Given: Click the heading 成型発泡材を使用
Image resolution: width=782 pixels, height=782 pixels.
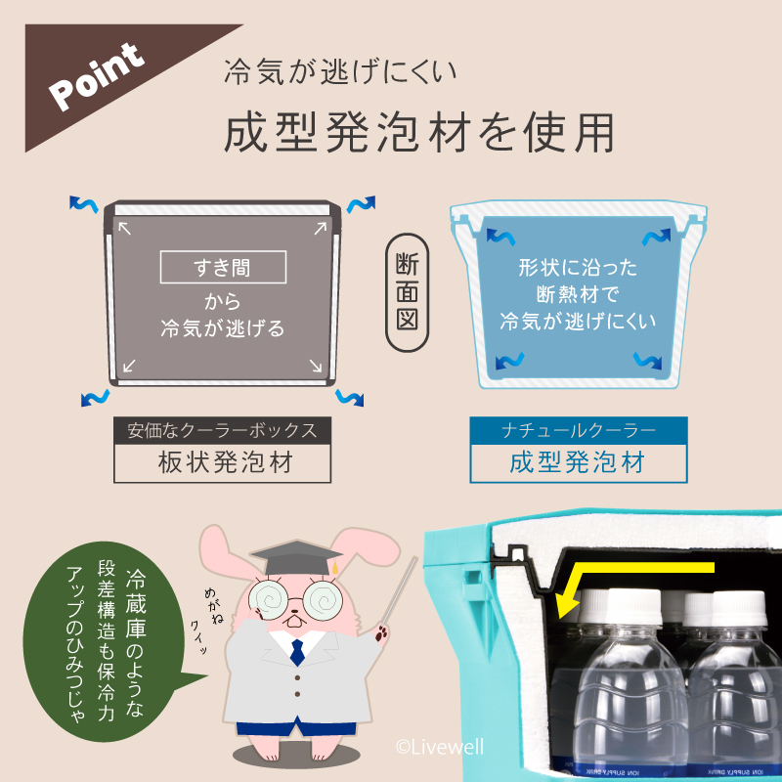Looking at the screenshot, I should pyautogui.click(x=419, y=133).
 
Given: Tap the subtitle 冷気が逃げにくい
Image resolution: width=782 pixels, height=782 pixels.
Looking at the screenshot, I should pyautogui.click(x=342, y=71).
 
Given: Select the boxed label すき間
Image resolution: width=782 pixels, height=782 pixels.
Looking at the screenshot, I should pyautogui.click(x=223, y=267).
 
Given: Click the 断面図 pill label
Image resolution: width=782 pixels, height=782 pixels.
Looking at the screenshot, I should pyautogui.click(x=408, y=290).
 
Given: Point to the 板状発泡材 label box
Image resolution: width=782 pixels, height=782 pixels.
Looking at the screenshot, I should pyautogui.click(x=224, y=462).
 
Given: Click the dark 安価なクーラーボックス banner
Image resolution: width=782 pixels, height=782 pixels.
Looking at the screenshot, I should pyautogui.click(x=224, y=430).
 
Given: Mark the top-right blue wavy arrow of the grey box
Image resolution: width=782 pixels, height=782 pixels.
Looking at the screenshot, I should pyautogui.click(x=361, y=205).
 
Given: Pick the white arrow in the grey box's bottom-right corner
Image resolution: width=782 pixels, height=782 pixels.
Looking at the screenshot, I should pyautogui.click(x=316, y=367).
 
